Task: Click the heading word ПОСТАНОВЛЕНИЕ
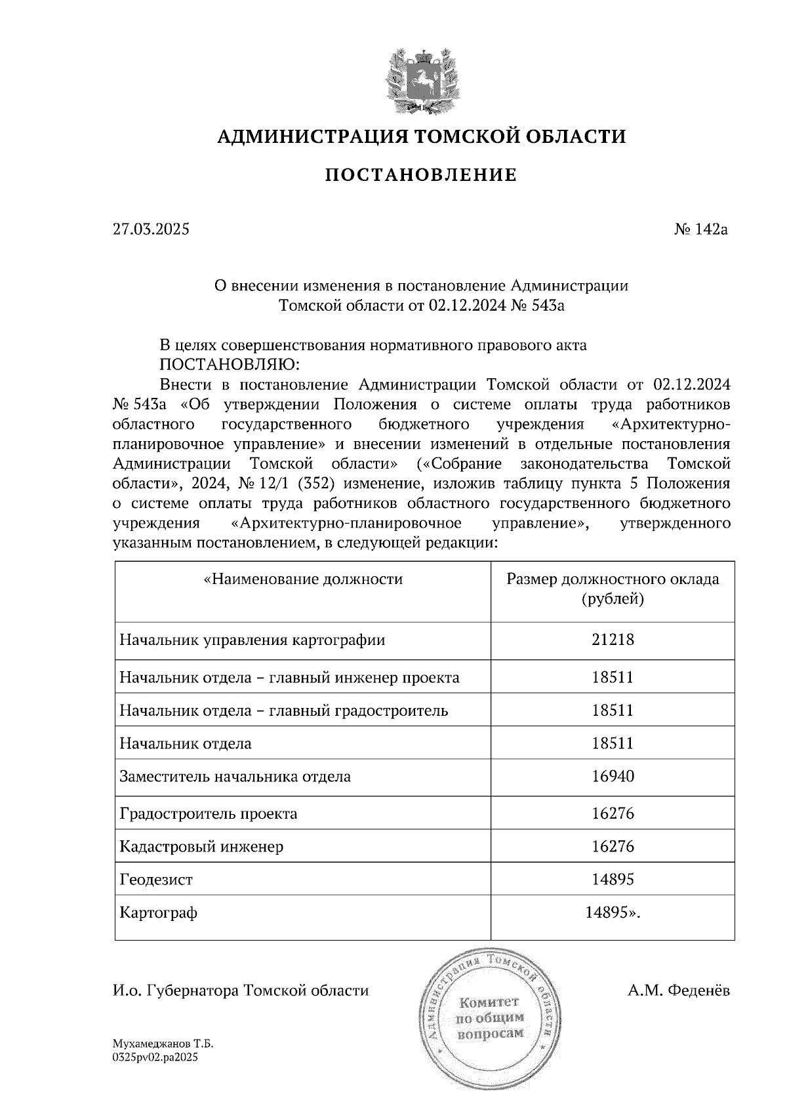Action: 421,175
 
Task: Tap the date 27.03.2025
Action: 151,229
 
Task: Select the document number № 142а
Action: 701,229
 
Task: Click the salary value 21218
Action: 613,640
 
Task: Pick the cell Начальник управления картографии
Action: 252,640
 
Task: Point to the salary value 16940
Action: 613,777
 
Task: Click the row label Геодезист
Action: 156,880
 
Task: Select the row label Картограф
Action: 158,913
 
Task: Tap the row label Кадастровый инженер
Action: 201,847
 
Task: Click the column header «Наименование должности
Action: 303,579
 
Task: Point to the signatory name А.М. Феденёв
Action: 678,990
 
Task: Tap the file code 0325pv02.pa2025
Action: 155,1057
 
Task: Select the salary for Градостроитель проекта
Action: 613,814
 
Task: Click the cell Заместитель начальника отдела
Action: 235,777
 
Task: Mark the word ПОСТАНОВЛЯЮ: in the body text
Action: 229,364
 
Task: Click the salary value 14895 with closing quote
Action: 613,913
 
